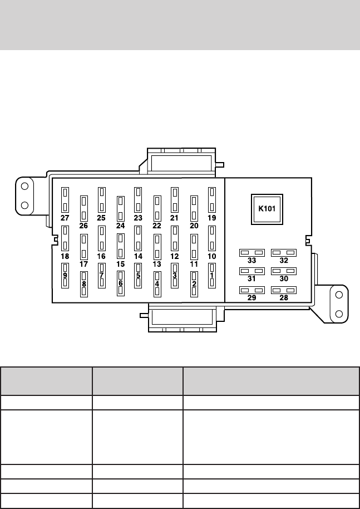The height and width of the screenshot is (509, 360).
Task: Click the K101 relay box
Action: point(268,209)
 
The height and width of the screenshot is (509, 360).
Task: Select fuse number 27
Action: point(65,199)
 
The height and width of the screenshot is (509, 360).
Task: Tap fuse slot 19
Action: point(212,199)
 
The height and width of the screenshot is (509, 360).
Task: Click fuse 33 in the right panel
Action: point(251,253)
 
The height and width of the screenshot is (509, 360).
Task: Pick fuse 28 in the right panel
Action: point(284,290)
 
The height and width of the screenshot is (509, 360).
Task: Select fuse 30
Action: point(284,271)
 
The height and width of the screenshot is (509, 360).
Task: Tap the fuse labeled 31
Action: point(251,271)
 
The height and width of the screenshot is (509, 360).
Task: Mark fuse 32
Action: point(284,253)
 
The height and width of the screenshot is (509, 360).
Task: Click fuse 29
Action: point(251,290)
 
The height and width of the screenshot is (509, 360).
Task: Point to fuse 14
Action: point(138,238)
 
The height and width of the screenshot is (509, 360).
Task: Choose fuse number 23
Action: point(138,199)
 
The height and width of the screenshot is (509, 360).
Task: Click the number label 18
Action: point(65,256)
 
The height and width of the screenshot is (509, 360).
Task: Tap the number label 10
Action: point(212,256)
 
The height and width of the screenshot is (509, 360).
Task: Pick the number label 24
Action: point(120,226)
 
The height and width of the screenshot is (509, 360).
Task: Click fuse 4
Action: point(157,284)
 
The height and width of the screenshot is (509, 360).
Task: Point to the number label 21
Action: point(175,218)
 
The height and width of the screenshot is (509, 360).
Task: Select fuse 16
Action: point(101,238)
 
